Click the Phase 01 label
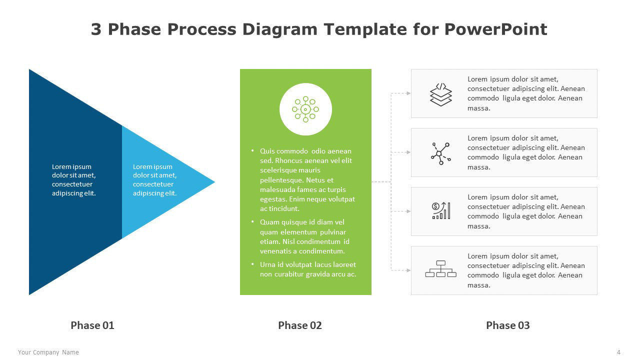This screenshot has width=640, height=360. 92,325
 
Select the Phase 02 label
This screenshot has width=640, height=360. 300,325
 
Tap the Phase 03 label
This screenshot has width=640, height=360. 508,325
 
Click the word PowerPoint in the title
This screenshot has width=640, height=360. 495,29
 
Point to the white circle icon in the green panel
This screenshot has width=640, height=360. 305,109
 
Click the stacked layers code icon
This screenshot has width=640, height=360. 441,94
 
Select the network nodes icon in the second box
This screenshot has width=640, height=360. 441,153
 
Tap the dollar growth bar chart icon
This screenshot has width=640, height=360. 441,210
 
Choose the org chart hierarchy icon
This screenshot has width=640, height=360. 441,269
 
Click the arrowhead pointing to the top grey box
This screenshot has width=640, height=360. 408,93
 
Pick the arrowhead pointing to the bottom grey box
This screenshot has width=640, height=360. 408,270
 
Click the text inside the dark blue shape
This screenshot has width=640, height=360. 73,179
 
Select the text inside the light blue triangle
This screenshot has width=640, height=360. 154,179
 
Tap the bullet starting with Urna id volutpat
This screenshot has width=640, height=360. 308,269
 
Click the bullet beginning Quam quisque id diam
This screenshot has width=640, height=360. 304,236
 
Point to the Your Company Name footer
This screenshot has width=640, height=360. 48,352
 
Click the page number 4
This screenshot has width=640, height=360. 618,352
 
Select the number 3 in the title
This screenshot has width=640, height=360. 96,29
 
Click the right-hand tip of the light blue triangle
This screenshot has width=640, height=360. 215,181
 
